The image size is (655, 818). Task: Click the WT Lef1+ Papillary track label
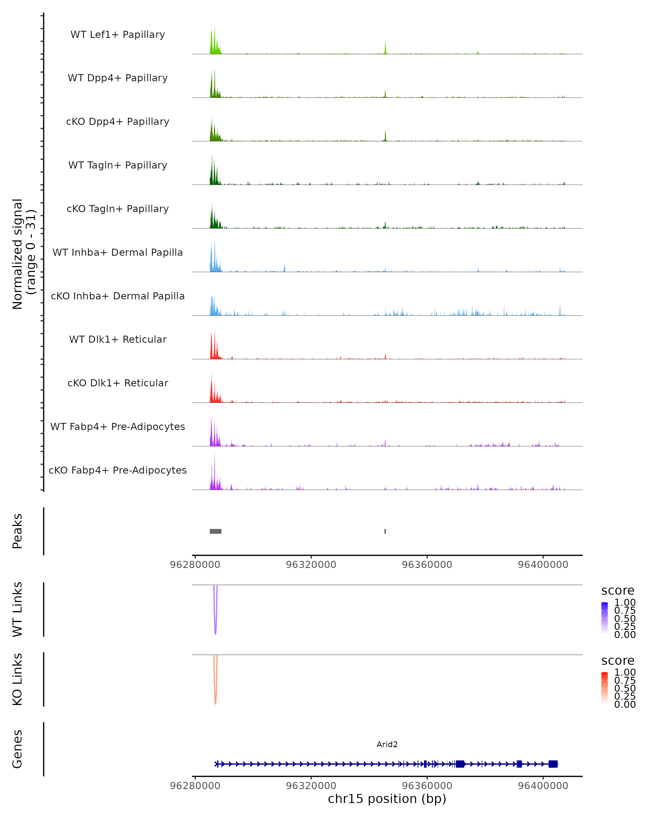118,35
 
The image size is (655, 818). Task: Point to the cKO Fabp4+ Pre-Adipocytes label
118,470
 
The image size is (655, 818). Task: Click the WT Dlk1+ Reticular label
118,339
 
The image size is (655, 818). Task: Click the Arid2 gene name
387,744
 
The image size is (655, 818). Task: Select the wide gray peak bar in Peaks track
215,531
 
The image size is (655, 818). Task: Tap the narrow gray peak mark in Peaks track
385,531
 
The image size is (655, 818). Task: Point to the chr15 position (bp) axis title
387,799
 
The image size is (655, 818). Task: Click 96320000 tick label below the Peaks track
311,565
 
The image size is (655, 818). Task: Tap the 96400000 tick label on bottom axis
543,786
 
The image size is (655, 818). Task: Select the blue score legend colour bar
605,618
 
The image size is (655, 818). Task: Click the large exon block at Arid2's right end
553,764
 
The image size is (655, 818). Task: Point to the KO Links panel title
17,679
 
